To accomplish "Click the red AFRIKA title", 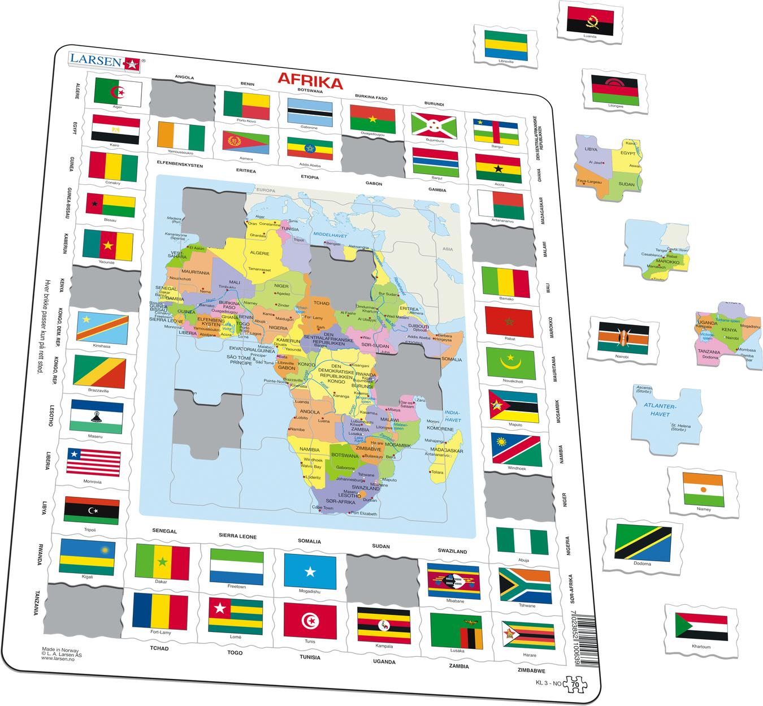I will (310, 83).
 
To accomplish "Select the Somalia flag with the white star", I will (310, 570).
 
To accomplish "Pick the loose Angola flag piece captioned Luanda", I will (589, 20).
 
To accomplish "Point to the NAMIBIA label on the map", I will (306, 449).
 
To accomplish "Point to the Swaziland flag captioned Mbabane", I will (453, 582).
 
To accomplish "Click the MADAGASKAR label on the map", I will (448, 451).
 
